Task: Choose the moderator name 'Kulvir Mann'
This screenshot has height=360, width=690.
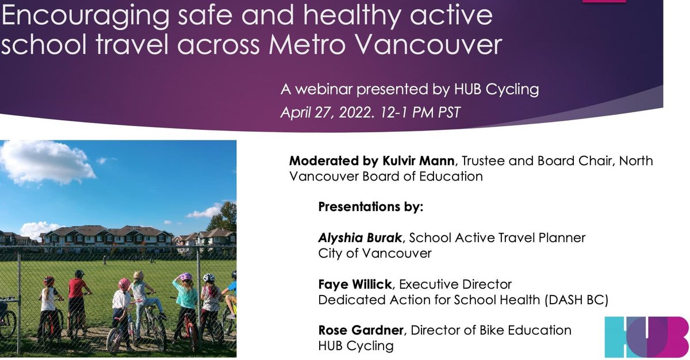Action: pos(404,160)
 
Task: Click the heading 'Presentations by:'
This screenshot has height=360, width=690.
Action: pos(370,206)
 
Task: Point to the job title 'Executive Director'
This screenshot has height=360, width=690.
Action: pos(455,284)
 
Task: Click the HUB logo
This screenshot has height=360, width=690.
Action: pos(646,336)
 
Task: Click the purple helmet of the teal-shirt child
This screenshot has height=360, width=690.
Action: pos(185,277)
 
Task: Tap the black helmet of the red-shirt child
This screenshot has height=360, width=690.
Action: pos(79,274)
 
